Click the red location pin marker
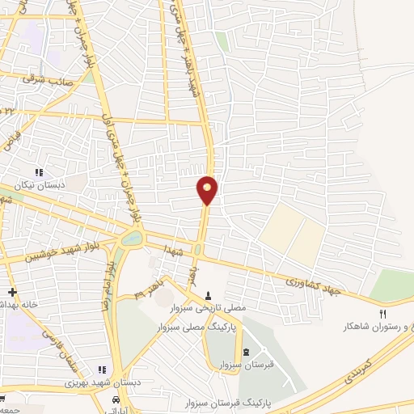click(x=208, y=189)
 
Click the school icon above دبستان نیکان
click(x=38, y=172)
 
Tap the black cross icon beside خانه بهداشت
click(x=11, y=292)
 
